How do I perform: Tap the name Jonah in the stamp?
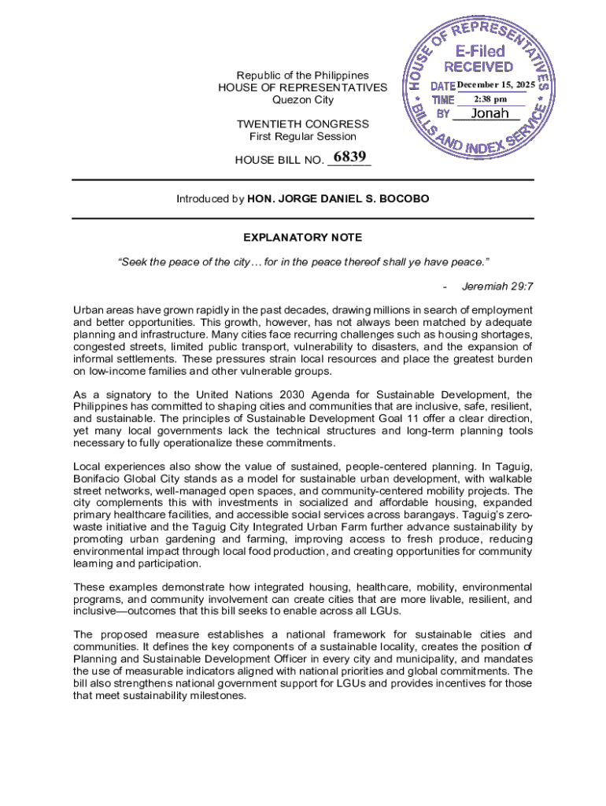point(490,113)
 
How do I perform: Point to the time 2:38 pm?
point(490,99)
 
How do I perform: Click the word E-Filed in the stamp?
point(480,51)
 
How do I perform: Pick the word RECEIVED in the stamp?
point(479,68)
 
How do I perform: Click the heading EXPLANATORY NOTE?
point(303,237)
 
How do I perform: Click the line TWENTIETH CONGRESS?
point(303,124)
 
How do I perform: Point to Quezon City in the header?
point(303,100)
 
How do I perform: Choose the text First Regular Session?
point(303,137)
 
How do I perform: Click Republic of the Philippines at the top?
point(303,76)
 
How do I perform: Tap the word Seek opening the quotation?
point(133,260)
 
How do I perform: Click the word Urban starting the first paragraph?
point(89,310)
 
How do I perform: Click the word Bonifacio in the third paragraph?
point(98,479)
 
